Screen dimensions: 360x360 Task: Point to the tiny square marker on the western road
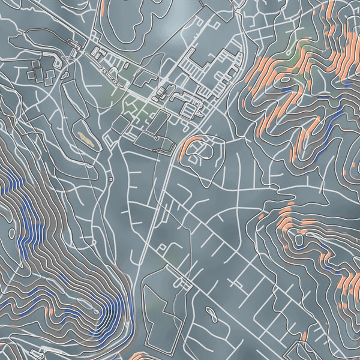click(x=112, y=179)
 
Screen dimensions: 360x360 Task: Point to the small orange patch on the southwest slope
click(x=51, y=311)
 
